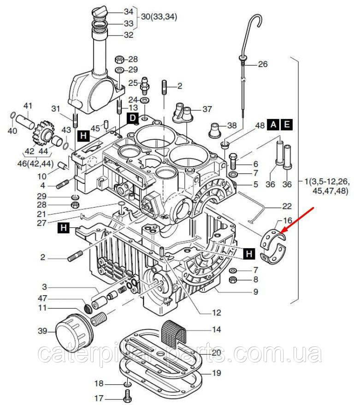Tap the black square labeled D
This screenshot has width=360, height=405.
tap(132, 119)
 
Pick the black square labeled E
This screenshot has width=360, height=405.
tap(287, 125)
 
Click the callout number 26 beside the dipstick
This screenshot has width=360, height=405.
tap(262, 65)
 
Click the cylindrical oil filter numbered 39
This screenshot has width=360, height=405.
tap(72, 330)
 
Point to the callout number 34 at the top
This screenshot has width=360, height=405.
tap(129, 11)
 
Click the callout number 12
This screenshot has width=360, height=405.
tap(217, 313)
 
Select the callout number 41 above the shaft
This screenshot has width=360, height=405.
tap(28, 106)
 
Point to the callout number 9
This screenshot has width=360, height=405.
tap(255, 292)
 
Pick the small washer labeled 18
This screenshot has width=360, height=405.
tap(126, 384)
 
